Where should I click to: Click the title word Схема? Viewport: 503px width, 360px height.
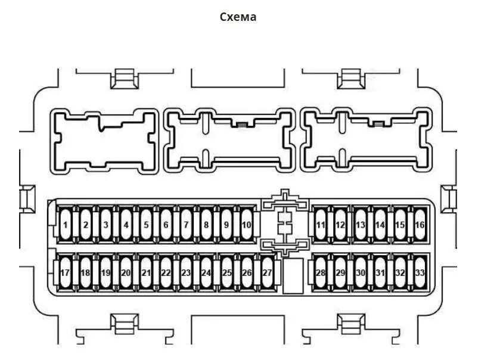pos(238,17)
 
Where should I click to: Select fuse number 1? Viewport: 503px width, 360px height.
pos(66,225)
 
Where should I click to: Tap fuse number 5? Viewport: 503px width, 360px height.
pos(146,225)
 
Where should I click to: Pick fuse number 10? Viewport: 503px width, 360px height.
pos(247,225)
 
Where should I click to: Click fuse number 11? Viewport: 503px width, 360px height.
pos(321,225)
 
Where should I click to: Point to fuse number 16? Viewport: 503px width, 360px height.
pos(420,225)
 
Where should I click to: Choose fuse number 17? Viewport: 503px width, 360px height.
pos(66,273)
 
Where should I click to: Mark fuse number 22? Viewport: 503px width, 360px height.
pos(166,273)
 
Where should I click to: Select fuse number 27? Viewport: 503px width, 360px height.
pos(267,273)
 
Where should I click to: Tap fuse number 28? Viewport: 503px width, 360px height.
pos(321,273)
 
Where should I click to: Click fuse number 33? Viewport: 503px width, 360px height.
pos(420,273)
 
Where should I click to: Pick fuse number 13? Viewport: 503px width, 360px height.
pos(361,225)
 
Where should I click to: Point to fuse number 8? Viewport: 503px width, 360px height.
pos(206,225)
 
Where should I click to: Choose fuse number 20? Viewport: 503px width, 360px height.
pos(126,273)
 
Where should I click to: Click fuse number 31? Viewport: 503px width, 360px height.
pos(380,273)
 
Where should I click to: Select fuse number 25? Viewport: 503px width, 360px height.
pos(227,273)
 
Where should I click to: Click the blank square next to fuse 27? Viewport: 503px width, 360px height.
pos(291,275)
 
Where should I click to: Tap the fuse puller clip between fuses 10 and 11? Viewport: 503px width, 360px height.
pos(286,225)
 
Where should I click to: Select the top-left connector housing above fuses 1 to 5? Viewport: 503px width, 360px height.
pos(104,141)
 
